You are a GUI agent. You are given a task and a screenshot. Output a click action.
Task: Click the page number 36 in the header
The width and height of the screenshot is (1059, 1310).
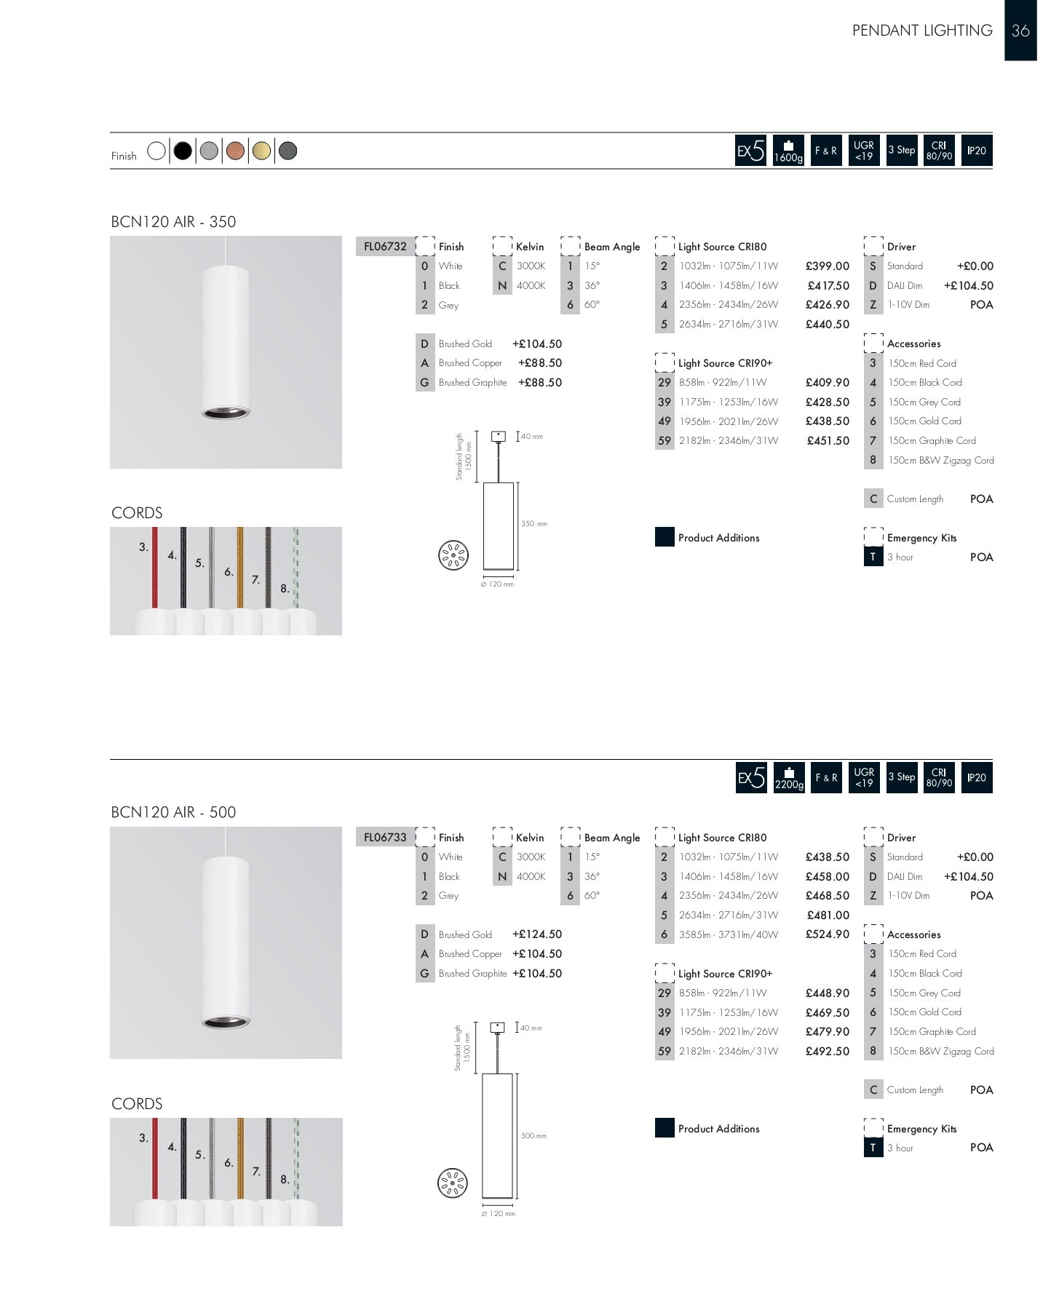click(x=1020, y=31)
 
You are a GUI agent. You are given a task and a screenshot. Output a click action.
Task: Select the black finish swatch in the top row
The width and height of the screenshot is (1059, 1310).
click(x=183, y=151)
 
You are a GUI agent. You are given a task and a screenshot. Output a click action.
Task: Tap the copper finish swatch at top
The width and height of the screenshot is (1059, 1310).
click(x=235, y=151)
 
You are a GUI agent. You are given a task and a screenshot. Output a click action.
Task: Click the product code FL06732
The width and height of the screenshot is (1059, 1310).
click(x=385, y=246)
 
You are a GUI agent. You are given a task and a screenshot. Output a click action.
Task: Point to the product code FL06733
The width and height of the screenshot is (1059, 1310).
click(x=385, y=837)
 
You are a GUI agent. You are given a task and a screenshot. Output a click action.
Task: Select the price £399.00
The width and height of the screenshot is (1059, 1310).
click(x=827, y=266)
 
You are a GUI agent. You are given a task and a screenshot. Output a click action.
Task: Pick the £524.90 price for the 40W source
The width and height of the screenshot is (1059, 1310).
click(x=827, y=934)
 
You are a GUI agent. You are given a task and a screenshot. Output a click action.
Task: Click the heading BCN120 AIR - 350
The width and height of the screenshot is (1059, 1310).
click(x=173, y=222)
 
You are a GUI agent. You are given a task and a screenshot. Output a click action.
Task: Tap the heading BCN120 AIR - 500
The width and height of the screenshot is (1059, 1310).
click(x=173, y=812)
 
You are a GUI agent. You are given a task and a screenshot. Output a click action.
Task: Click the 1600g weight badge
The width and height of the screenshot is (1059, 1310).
click(x=788, y=151)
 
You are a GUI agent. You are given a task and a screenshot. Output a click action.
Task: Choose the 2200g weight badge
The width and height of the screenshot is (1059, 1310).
click(x=789, y=778)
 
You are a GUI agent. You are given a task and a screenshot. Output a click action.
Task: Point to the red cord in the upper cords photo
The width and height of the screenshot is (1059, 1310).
click(x=155, y=568)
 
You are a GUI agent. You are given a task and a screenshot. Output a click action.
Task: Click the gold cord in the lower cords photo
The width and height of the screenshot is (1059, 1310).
click(x=240, y=1157)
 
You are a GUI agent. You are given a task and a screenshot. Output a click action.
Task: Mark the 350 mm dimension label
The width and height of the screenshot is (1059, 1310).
click(x=534, y=524)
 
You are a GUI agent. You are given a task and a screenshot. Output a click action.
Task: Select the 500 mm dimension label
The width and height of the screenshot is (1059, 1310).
click(x=534, y=1136)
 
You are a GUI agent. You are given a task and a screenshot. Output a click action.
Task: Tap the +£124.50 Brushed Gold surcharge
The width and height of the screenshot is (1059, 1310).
click(x=536, y=934)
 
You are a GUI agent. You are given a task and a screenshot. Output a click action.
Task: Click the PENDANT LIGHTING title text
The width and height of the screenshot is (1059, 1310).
click(x=922, y=31)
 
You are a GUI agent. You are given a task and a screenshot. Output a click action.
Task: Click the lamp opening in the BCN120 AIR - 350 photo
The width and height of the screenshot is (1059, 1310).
click(x=226, y=413)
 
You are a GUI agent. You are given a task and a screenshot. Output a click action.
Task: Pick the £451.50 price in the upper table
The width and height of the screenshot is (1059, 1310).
click(x=828, y=441)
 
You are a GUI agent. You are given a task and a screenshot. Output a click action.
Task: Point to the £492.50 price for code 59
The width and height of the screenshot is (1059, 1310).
click(x=827, y=1052)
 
